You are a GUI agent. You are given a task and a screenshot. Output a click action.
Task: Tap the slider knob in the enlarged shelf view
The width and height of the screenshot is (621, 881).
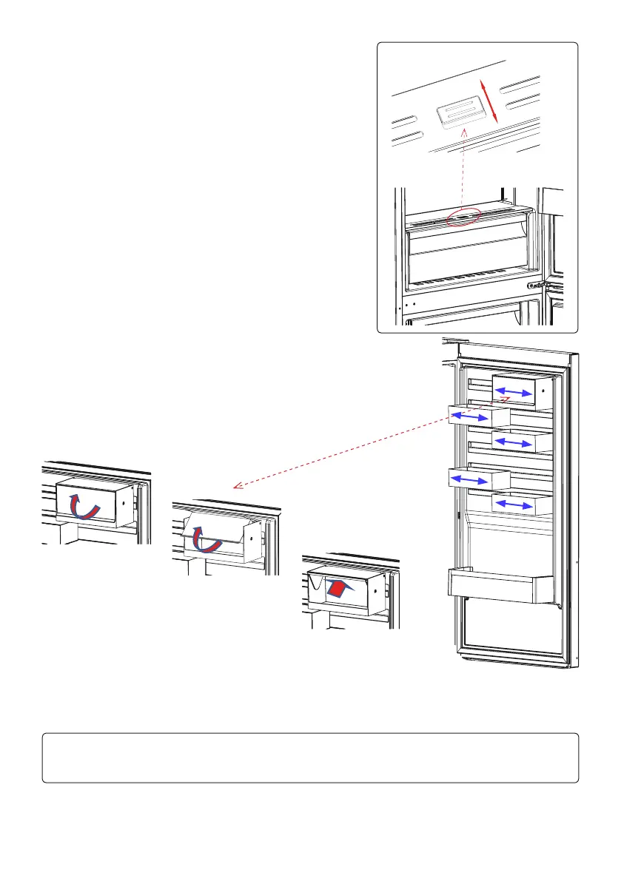461,115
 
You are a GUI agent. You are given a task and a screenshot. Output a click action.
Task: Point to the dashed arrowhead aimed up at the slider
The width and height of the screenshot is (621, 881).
463,133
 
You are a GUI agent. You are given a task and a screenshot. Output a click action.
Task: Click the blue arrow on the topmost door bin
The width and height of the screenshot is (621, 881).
514,391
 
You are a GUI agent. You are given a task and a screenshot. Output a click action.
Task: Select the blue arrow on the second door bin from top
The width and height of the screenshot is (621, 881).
469,417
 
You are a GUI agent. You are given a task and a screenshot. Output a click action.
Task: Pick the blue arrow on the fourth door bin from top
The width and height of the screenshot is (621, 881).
469,479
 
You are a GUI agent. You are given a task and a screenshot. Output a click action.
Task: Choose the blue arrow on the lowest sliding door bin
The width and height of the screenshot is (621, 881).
514,504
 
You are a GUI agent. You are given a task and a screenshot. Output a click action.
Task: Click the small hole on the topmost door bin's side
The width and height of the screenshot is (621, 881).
543,390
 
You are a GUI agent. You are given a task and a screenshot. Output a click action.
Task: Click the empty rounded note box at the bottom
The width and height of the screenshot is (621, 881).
310,757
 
